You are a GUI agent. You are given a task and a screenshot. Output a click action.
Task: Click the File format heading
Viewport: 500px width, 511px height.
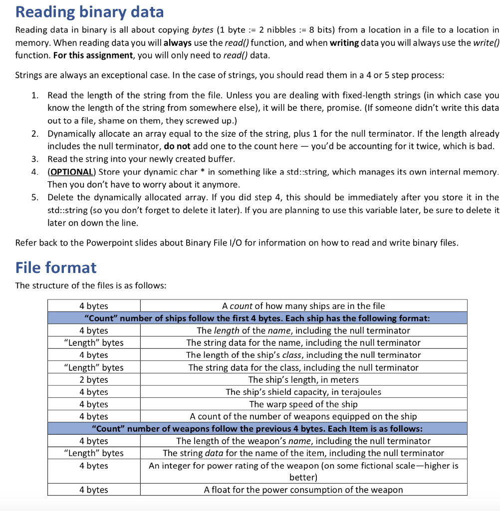click(x=56, y=267)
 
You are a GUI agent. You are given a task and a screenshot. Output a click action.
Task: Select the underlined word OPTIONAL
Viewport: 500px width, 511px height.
click(x=71, y=172)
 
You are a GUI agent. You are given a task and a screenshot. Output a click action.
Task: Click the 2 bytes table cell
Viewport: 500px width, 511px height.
click(x=94, y=380)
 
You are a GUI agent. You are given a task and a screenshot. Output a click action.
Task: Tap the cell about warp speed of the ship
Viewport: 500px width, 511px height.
click(x=303, y=404)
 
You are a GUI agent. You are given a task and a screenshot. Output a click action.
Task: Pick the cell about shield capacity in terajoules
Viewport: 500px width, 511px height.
click(x=303, y=392)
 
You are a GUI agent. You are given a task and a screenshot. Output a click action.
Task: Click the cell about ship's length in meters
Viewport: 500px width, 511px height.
click(x=303, y=380)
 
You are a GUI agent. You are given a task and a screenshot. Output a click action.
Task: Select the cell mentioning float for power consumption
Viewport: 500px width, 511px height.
click(x=303, y=490)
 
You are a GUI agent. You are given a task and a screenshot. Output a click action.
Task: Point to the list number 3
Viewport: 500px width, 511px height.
click(x=34, y=159)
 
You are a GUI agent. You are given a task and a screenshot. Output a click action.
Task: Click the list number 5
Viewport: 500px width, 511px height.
click(x=34, y=197)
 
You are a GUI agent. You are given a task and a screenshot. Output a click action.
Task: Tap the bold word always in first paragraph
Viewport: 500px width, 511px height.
click(x=178, y=43)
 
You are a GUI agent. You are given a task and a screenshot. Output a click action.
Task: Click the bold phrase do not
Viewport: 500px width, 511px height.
click(x=177, y=146)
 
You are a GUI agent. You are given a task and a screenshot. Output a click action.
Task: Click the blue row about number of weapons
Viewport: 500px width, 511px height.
click(x=257, y=429)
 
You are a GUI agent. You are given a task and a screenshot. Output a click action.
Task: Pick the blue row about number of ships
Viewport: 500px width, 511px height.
click(x=257, y=318)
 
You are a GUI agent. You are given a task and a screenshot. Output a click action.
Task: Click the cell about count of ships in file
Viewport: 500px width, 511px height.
click(x=303, y=306)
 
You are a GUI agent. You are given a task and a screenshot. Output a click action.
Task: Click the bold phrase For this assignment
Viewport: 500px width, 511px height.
click(x=94, y=55)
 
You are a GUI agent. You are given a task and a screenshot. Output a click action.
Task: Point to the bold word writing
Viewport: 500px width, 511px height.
click(x=344, y=43)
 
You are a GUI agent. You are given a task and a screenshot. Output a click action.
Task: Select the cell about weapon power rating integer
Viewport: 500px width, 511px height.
click(x=303, y=471)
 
